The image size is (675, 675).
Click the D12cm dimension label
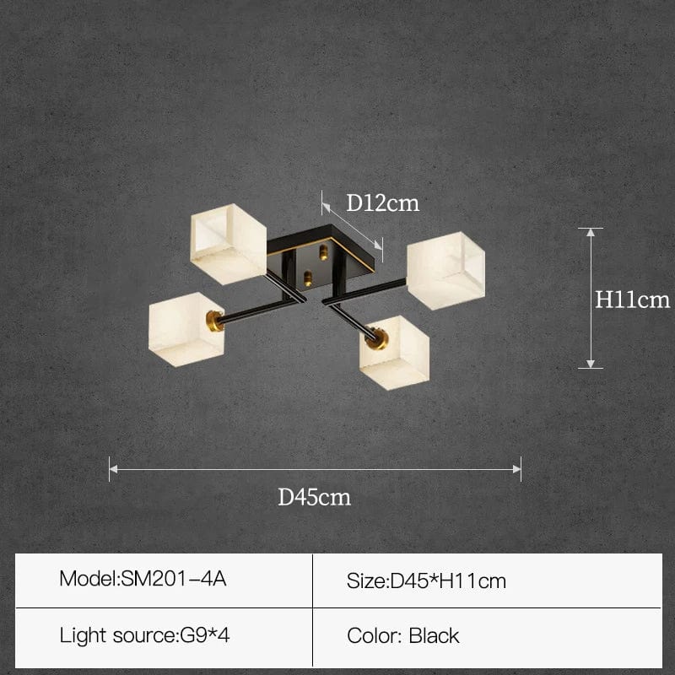(x=383, y=202)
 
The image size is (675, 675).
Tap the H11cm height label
(x=632, y=300)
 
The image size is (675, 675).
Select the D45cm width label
(x=314, y=497)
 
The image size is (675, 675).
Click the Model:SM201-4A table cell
(x=164, y=580)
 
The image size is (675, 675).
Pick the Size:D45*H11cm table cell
(x=488, y=580)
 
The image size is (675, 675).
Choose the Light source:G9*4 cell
(x=164, y=637)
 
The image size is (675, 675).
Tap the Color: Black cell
(x=488, y=637)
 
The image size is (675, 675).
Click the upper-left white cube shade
(x=229, y=244)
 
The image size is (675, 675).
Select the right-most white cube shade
(x=446, y=270)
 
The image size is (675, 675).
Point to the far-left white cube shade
(x=186, y=329)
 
